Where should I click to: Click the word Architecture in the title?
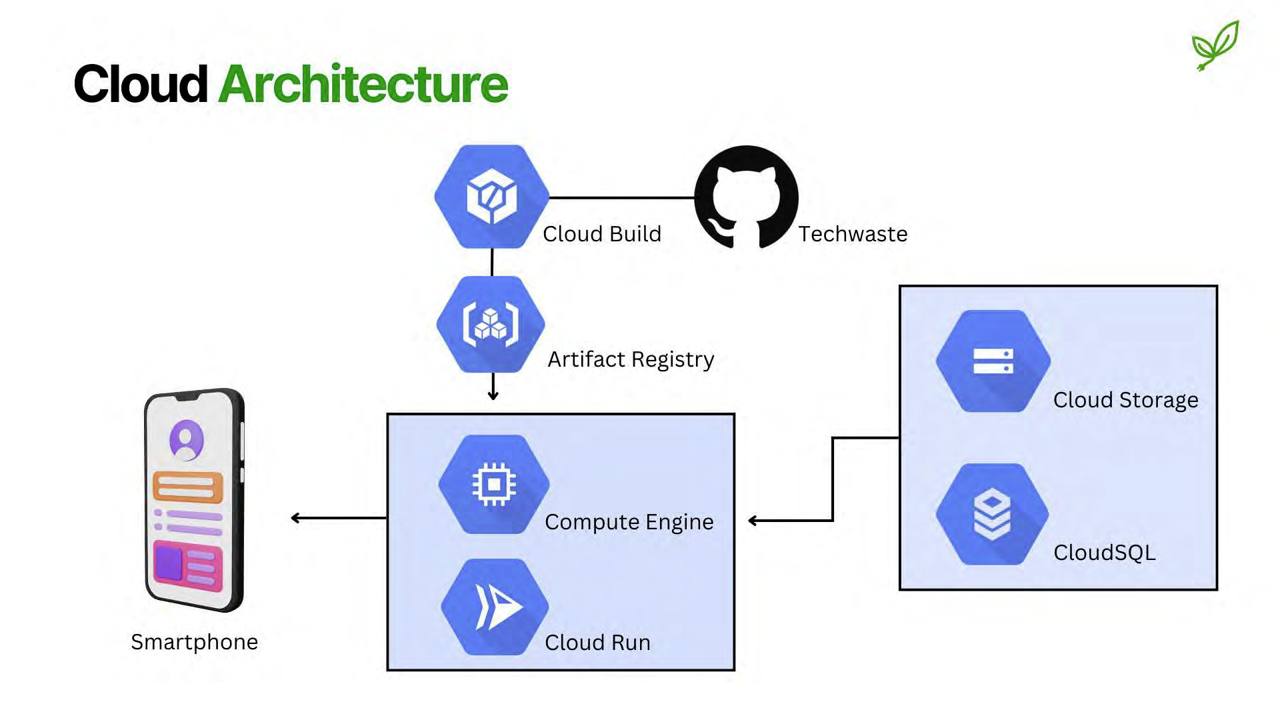point(363,85)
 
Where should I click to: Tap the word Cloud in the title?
point(141,85)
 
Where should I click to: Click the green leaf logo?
point(1215,45)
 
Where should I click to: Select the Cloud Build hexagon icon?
point(492,197)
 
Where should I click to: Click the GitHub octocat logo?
point(746,197)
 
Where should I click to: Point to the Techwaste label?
point(853,234)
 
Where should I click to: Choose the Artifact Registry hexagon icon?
point(491,324)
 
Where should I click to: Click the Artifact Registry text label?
point(630,359)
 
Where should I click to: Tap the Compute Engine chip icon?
point(493,484)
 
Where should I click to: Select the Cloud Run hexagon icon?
point(495,607)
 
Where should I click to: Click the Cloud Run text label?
point(597,643)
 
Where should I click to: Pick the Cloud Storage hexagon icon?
point(993,361)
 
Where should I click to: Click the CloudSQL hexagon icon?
point(992,514)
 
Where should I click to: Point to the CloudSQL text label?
point(1104,553)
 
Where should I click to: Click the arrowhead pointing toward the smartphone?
point(295,518)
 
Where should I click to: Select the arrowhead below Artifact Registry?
point(493,396)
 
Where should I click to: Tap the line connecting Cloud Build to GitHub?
point(621,197)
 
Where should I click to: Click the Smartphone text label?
point(194,642)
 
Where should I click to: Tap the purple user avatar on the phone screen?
point(187,440)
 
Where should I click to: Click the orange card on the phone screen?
point(187,487)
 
